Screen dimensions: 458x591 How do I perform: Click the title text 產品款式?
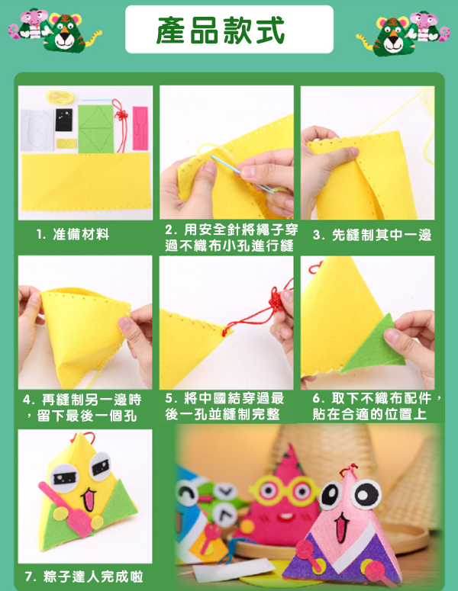click(221, 31)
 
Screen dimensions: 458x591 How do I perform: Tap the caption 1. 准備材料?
click(73, 234)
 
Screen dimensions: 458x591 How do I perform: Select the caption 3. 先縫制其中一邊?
click(372, 235)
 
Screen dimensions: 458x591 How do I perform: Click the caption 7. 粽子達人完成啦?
click(84, 577)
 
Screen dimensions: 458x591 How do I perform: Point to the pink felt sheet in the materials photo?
click(140, 128)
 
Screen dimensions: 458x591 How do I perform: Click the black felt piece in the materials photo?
click(64, 120)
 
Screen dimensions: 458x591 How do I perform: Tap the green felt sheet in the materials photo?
click(96, 129)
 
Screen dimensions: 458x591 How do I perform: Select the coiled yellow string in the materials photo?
click(60, 97)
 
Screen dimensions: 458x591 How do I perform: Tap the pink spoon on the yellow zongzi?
click(67, 508)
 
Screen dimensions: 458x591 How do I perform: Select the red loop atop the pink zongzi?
click(348, 471)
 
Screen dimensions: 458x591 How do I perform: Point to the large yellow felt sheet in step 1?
click(85, 181)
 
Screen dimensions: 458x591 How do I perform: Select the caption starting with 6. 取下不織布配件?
click(377, 406)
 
